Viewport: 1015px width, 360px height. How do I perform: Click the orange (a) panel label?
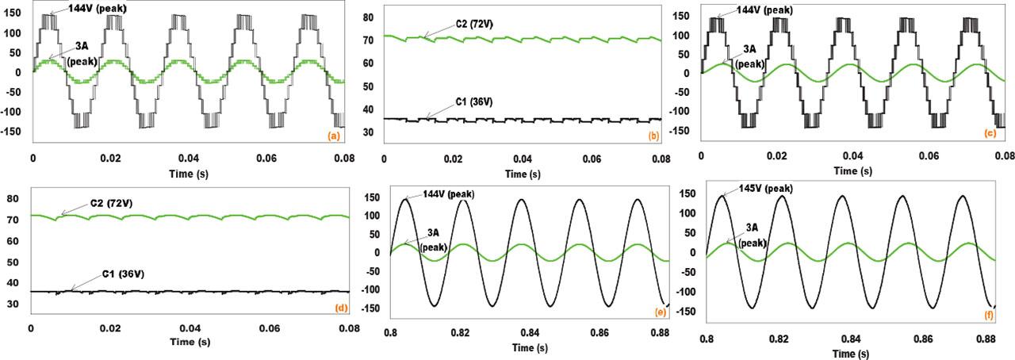tap(335, 136)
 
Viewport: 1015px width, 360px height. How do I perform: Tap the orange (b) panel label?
tap(653, 136)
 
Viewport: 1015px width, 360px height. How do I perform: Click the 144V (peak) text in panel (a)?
tap(83, 8)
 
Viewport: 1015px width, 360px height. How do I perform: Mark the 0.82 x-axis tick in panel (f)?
tap(779, 339)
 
